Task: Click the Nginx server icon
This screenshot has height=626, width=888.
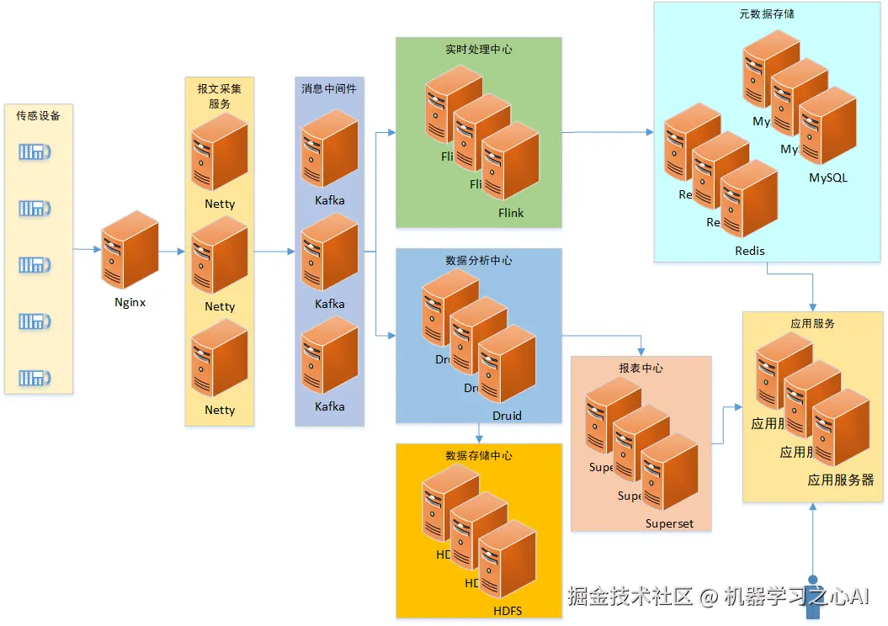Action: [x=130, y=250]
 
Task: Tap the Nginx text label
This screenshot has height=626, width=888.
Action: [x=130, y=302]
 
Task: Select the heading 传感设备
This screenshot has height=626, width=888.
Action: [x=39, y=115]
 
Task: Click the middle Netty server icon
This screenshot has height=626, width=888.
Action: [x=219, y=256]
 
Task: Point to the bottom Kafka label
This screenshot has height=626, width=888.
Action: [x=329, y=406]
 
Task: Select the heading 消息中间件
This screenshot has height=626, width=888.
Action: [x=329, y=88]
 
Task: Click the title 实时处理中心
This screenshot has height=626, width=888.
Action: [x=478, y=49]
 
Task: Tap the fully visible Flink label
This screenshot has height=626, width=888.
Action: [x=510, y=213]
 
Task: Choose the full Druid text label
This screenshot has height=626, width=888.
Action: [x=507, y=416]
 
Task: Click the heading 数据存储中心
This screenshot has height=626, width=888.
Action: [x=478, y=455]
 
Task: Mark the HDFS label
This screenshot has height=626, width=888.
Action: [x=507, y=611]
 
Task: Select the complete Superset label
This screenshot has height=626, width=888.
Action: [x=669, y=523]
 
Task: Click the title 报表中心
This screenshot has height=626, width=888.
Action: [x=641, y=368]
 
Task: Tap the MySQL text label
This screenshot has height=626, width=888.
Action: [x=827, y=178]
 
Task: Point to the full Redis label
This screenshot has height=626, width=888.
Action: [x=749, y=251]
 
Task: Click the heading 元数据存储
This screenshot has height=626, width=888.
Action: [x=766, y=13]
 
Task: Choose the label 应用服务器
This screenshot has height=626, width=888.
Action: [x=840, y=480]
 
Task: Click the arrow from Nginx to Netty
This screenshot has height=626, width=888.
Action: [x=172, y=251]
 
